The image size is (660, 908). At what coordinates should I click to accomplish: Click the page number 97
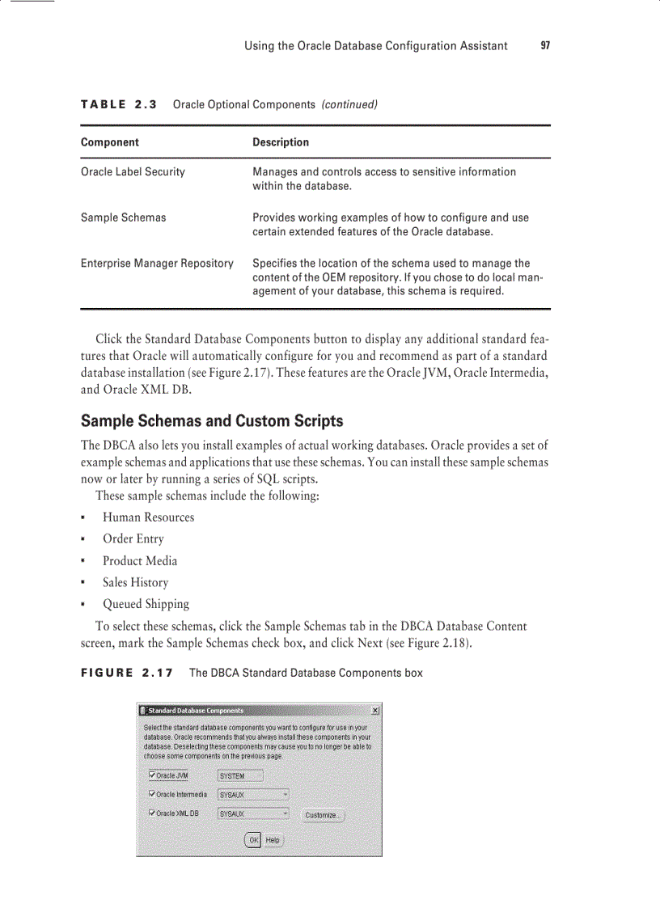click(x=545, y=46)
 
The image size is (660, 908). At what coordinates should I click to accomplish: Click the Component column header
click(x=110, y=142)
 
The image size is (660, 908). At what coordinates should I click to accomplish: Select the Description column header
click(x=281, y=142)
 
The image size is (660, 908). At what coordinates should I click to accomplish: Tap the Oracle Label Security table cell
click(x=133, y=171)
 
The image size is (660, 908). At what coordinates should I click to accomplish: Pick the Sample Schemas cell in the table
click(x=123, y=217)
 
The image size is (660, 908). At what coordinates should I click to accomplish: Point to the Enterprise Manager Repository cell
click(x=157, y=263)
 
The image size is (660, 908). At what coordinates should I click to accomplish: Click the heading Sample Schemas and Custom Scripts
click(x=212, y=421)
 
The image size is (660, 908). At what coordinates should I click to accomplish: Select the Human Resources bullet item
click(x=148, y=517)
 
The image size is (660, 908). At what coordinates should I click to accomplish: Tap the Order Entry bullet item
click(x=133, y=539)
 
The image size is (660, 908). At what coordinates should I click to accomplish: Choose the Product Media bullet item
click(x=139, y=561)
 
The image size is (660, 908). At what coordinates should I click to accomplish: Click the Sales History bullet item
click(x=135, y=583)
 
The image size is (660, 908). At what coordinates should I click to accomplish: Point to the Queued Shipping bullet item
click(x=146, y=604)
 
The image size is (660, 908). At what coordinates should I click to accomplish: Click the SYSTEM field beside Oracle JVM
click(x=240, y=776)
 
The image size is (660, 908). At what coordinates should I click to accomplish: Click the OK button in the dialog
click(x=253, y=840)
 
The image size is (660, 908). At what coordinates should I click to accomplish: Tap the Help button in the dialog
click(x=273, y=840)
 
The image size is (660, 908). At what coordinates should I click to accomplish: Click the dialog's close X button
click(x=375, y=710)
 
